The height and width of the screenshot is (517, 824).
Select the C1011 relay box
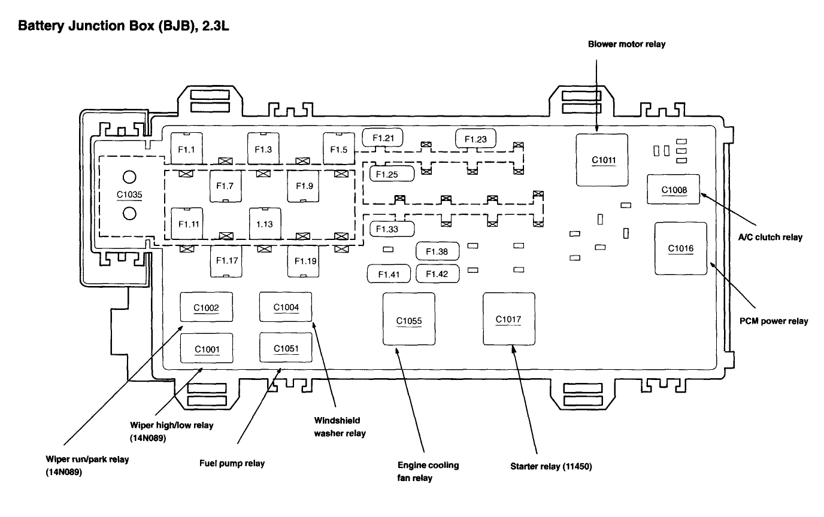[602, 160]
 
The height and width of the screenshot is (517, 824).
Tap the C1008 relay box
[674, 190]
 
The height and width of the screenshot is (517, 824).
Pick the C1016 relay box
[680, 248]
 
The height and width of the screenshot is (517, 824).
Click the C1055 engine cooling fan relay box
[409, 320]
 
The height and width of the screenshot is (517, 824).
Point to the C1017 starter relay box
[508, 319]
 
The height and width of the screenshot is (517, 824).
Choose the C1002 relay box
[207, 308]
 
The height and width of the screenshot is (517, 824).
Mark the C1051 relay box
[285, 348]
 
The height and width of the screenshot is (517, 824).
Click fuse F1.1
[186, 148]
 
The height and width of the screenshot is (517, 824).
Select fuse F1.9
[304, 185]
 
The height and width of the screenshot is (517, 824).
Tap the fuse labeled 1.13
[265, 224]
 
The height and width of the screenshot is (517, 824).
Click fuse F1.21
[383, 138]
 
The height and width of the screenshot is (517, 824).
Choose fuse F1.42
[437, 274]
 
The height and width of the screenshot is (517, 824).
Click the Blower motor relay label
[626, 44]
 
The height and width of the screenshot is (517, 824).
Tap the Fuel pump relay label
[232, 463]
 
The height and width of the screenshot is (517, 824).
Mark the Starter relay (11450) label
[551, 467]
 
